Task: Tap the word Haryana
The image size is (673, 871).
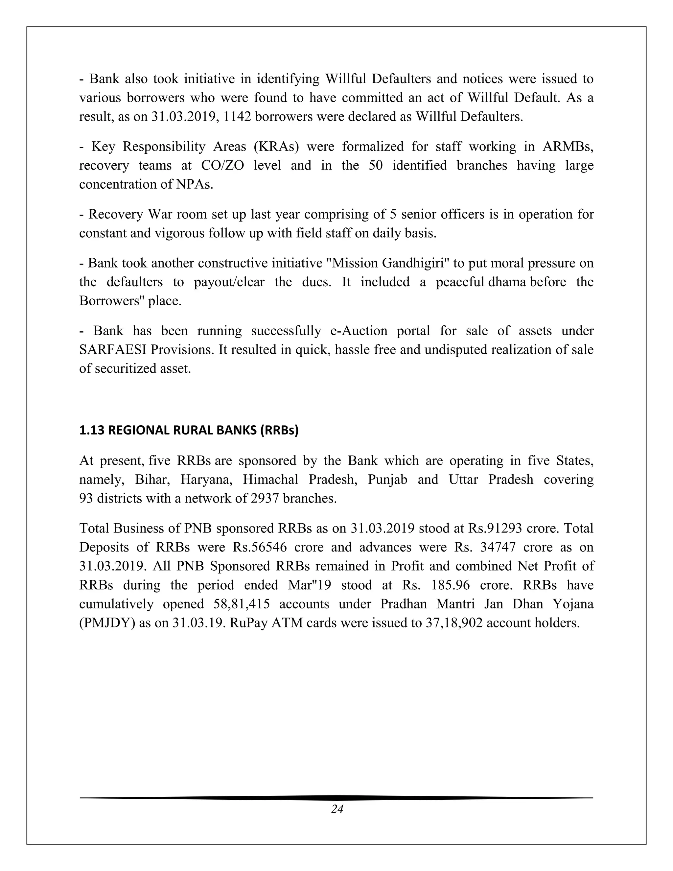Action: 206,479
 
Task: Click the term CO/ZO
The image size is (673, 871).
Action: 222,165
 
